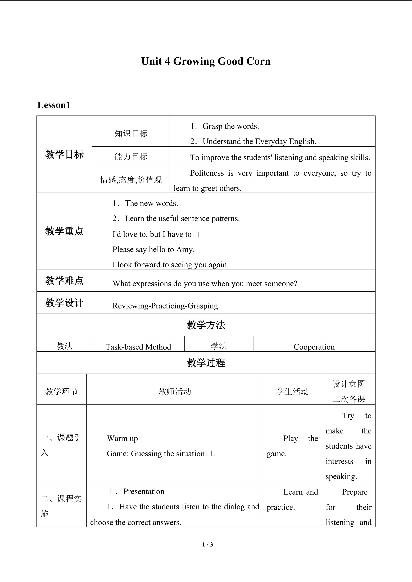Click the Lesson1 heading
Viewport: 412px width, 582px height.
tap(54, 105)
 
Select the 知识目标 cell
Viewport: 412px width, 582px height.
tap(131, 133)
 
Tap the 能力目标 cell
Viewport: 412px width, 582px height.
tap(131, 156)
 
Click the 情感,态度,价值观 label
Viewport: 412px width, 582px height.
tap(131, 180)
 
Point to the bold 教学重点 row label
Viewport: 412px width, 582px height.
tap(64, 231)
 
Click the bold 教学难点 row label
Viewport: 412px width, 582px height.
tap(64, 280)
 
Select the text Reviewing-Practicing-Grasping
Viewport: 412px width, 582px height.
tap(165, 306)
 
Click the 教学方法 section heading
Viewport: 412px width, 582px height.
tap(206, 325)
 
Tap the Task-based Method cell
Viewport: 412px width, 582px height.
tap(138, 347)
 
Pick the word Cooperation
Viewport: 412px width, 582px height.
tap(314, 347)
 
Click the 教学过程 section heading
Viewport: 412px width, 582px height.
tap(206, 363)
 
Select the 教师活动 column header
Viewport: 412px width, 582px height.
tap(175, 391)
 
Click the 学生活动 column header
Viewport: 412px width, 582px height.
tap(292, 391)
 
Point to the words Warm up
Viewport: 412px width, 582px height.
tap(122, 438)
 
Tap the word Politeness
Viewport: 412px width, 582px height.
tap(207, 173)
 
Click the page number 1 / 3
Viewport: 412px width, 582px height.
tap(207, 544)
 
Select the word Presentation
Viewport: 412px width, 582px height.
tap(144, 491)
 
